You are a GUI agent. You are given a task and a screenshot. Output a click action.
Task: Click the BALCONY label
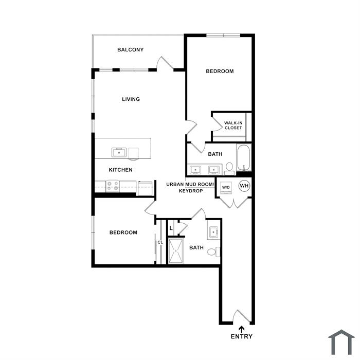click(131, 49)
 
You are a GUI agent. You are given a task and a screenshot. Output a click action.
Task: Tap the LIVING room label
click(131, 99)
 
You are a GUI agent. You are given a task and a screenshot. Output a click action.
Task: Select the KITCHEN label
click(120, 170)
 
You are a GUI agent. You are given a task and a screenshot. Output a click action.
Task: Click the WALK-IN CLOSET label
click(233, 125)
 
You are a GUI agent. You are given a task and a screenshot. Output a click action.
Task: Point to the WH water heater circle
click(244, 186)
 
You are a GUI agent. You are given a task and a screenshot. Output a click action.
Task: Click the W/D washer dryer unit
click(226, 188)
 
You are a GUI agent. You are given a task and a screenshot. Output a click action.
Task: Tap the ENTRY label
click(242, 336)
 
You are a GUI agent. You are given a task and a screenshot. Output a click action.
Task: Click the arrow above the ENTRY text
click(242, 329)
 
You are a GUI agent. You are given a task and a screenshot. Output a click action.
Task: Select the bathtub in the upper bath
click(244, 157)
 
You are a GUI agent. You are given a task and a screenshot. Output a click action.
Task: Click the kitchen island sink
click(119, 152)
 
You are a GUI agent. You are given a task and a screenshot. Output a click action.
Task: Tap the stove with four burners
click(113, 186)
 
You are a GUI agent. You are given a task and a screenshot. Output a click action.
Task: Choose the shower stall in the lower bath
click(176, 251)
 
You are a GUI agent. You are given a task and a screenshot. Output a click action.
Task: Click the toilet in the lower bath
click(214, 252)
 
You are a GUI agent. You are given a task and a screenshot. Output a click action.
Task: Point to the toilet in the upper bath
click(229, 169)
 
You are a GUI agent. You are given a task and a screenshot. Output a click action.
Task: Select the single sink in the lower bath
click(213, 232)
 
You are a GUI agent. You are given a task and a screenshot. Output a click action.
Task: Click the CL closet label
click(160, 242)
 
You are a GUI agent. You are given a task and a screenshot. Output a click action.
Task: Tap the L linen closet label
click(171, 228)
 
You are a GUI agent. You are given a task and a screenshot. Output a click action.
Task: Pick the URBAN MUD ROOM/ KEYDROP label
click(190, 188)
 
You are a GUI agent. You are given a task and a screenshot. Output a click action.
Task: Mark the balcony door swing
click(165, 62)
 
